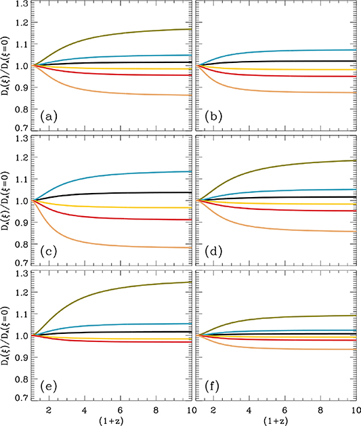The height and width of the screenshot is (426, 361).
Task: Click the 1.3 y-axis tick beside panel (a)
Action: [22, 5]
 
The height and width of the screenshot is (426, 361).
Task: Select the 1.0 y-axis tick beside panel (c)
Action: [22, 201]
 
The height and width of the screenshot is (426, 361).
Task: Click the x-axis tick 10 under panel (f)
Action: [353, 410]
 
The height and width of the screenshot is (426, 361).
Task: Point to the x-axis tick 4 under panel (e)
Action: [83, 410]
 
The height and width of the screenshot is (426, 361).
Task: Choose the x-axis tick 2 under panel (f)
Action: [214, 410]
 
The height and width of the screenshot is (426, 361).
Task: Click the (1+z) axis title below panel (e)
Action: [112, 420]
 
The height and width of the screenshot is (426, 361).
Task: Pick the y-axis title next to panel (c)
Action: [7, 201]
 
